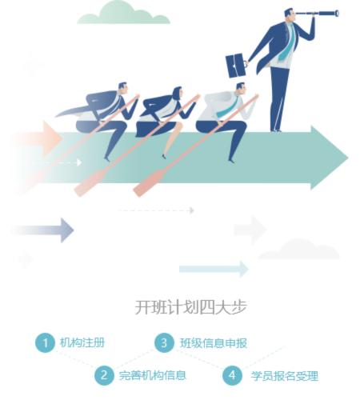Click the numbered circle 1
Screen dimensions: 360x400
(45, 342)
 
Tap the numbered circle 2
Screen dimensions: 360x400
(104, 375)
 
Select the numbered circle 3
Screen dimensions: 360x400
(164, 342)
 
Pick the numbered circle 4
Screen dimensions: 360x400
(232, 375)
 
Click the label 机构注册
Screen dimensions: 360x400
(82, 342)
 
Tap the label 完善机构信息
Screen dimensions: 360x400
(153, 375)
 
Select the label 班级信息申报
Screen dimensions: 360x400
(214, 343)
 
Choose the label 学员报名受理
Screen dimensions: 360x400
(285, 376)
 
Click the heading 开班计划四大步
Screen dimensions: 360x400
(190, 307)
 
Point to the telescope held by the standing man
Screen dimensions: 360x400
(317, 13)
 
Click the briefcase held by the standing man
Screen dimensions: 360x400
(236, 66)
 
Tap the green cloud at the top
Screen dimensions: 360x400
(124, 13)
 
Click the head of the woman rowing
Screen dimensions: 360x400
(178, 93)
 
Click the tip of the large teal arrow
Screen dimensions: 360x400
(348, 158)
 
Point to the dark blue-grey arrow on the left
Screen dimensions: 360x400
(42, 230)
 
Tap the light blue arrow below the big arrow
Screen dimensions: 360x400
(214, 269)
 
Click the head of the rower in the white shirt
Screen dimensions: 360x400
(242, 89)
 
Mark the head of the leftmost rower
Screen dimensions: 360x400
(123, 88)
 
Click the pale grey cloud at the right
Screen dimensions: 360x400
(299, 249)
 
